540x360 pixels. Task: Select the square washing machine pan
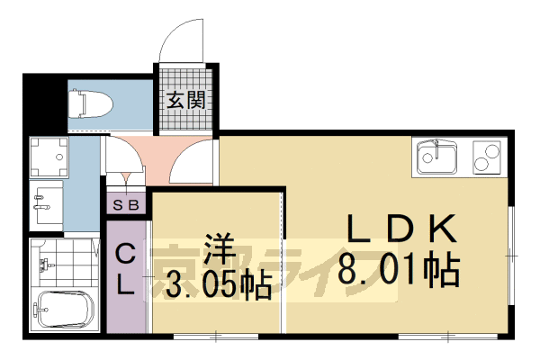47,158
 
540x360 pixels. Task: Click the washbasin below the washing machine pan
45,202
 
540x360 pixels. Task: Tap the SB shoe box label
127,204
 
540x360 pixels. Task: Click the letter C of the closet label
128,255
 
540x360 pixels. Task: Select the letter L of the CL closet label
128,287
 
